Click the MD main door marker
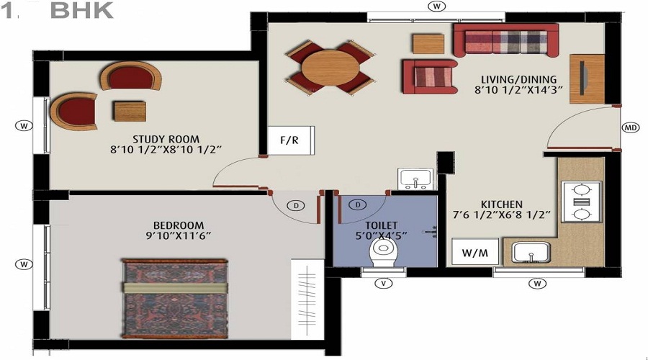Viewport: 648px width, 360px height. [631, 128]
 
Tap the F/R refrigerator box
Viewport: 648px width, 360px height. [289, 140]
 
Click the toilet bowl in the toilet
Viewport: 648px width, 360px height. [383, 253]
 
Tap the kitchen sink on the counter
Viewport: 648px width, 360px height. [531, 253]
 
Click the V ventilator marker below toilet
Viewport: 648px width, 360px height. [384, 283]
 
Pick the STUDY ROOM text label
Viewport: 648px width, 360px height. [166, 139]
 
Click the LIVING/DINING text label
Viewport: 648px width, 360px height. [515, 79]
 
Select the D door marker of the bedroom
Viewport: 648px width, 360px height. [295, 205]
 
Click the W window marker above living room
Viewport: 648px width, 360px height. [436, 6]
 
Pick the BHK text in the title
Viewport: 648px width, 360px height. [83, 11]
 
